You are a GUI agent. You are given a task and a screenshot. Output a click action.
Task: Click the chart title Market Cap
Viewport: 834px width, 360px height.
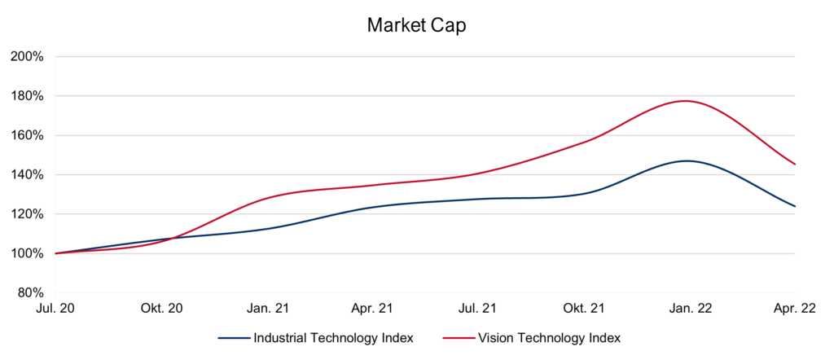click(416, 25)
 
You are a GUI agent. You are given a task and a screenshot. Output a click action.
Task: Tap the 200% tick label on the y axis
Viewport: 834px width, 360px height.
click(27, 56)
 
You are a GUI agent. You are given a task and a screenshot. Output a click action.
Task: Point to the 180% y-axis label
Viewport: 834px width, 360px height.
click(27, 96)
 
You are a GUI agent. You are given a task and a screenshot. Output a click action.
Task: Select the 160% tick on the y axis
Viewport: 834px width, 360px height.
click(27, 135)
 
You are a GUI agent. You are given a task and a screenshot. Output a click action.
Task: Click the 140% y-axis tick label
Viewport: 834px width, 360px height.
click(27, 174)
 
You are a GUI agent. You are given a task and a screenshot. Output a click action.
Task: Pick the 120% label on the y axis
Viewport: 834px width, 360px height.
click(27, 214)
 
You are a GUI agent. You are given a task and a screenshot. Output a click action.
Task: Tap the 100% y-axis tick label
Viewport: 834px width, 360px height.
click(27, 253)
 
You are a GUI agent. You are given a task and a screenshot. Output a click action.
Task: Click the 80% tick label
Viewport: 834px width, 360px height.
click(29, 292)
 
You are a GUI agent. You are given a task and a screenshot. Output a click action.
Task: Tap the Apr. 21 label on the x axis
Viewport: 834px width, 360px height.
click(373, 309)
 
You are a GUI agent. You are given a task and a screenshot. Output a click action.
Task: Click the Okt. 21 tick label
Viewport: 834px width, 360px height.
click(585, 309)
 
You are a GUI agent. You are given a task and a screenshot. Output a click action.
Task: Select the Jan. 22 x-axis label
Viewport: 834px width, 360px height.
click(690, 309)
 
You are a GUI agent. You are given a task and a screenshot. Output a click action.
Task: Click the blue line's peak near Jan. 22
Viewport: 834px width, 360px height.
click(687, 160)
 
